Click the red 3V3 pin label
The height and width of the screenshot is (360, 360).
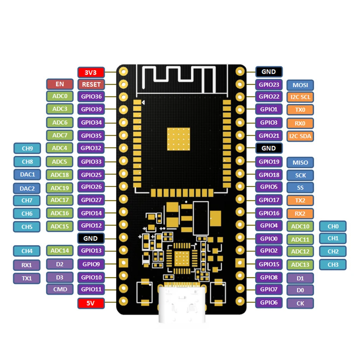(91, 72)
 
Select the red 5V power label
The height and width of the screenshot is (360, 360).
(91, 303)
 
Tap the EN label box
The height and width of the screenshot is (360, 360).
(60, 84)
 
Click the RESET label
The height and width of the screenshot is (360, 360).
(91, 85)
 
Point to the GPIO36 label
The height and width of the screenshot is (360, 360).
(91, 96)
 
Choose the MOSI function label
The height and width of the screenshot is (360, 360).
(300, 85)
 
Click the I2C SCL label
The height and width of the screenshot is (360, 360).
(300, 97)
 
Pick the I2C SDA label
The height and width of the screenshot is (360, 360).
(300, 136)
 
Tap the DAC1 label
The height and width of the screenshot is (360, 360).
(27, 174)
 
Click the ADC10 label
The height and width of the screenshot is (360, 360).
(300, 226)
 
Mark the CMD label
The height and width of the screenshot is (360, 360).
(60, 289)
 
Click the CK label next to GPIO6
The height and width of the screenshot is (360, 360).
(300, 303)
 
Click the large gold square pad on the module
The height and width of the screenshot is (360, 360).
(178, 138)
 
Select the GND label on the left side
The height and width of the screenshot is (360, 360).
(91, 238)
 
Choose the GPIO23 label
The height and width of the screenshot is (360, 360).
(269, 85)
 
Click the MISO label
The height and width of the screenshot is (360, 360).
(300, 162)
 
